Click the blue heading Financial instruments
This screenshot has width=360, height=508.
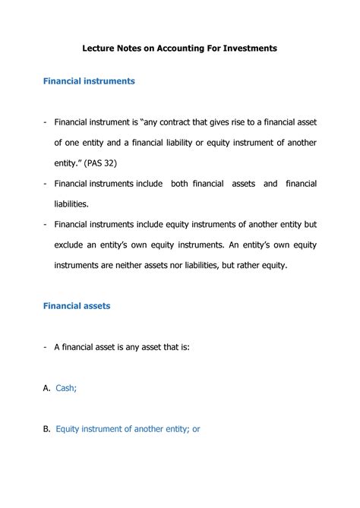point(89,80)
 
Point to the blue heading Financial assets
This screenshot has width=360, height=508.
point(77,305)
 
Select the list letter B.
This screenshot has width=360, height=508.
point(46,428)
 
